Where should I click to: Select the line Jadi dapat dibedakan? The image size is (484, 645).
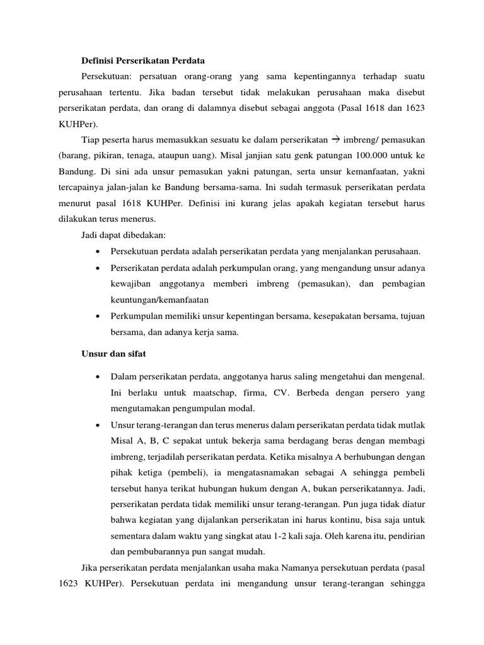tap(122, 236)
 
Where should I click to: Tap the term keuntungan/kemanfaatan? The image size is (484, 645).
tap(159, 300)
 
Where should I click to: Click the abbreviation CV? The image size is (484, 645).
tap(272, 392)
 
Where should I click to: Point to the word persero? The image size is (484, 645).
tap(381, 392)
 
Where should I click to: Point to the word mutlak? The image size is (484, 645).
tap(412, 424)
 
